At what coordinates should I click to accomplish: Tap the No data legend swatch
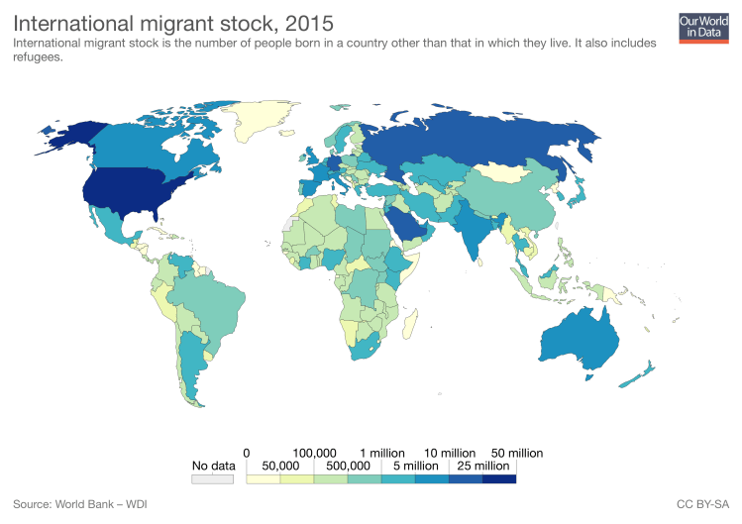tap(213, 479)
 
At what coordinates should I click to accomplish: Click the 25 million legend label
tap(482, 466)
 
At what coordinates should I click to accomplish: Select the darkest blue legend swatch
tap(499, 479)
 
